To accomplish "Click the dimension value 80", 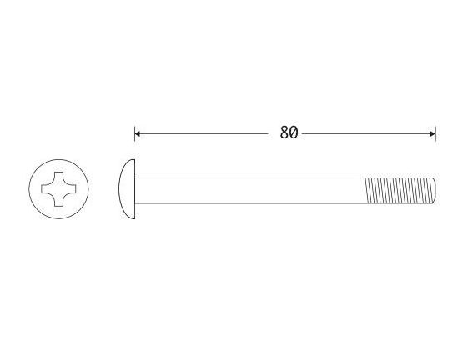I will point(289,133).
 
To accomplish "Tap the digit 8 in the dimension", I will point(284,133).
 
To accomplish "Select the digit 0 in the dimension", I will point(294,133).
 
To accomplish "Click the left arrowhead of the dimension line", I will point(138,133).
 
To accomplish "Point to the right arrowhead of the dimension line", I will point(432,133).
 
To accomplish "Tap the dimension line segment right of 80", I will point(367,133).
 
